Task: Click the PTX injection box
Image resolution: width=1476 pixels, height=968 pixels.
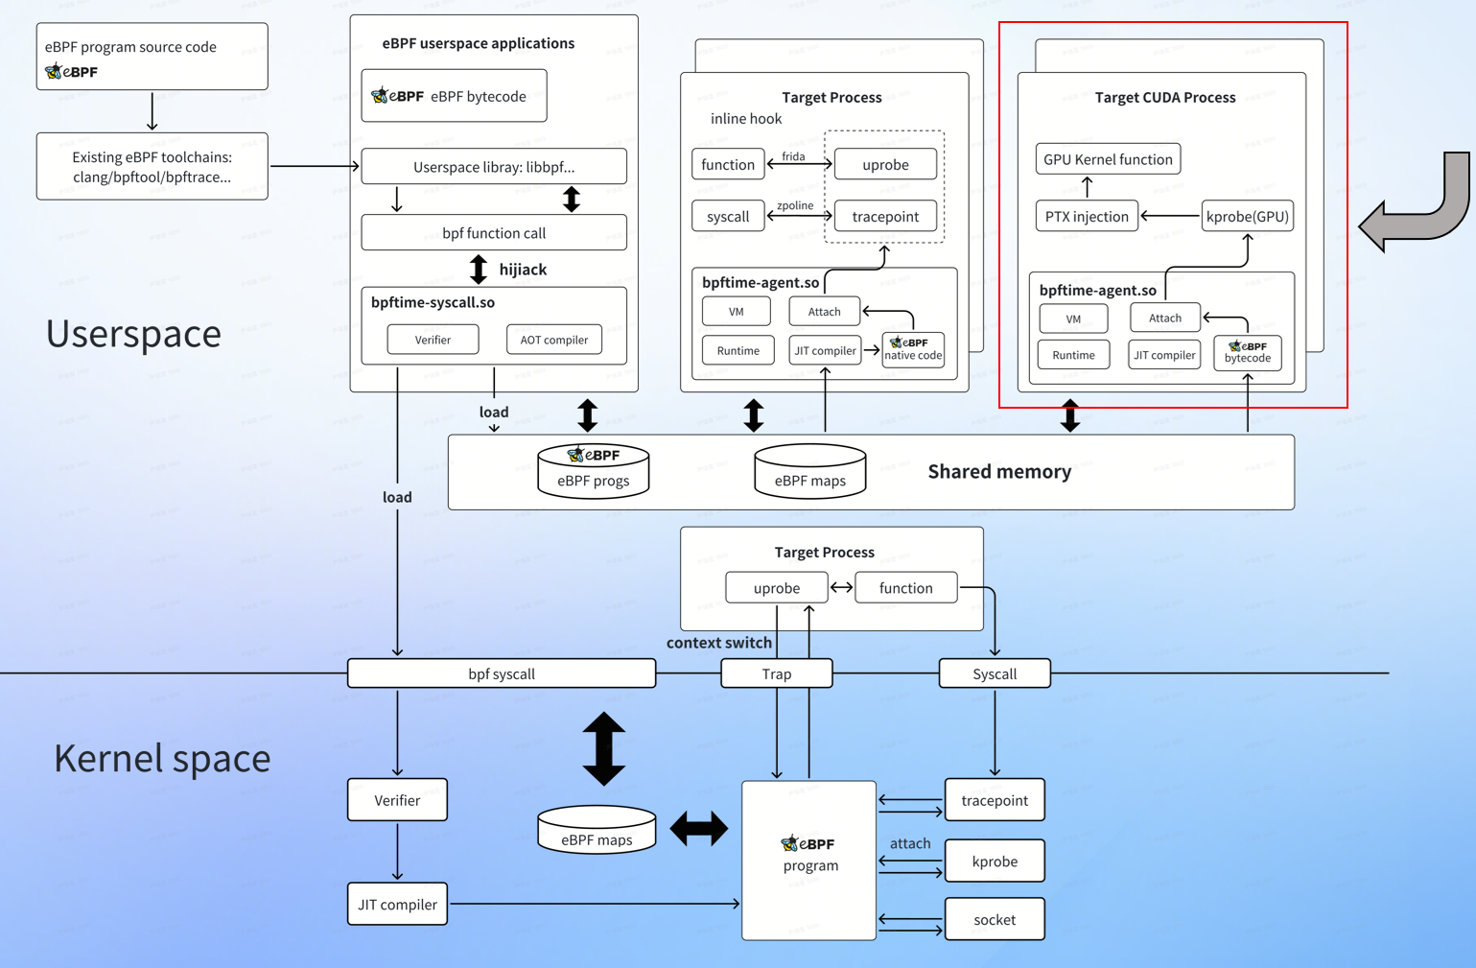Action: pyautogui.click(x=1087, y=216)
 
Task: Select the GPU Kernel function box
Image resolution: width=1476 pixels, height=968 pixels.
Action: pyautogui.click(x=1108, y=159)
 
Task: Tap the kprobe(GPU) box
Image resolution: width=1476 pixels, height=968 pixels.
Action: pyautogui.click(x=1247, y=216)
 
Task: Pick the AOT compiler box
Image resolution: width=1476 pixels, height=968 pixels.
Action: pyautogui.click(x=553, y=340)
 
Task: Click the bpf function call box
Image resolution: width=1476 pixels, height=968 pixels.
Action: pyautogui.click(x=494, y=233)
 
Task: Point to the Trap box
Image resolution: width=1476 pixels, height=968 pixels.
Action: pyautogui.click(x=776, y=673)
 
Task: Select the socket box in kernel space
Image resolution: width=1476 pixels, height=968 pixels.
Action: pyautogui.click(x=995, y=919)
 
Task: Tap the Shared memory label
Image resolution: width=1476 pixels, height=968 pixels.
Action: pyautogui.click(x=999, y=471)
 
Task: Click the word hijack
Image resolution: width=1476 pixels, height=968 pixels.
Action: pyautogui.click(x=523, y=270)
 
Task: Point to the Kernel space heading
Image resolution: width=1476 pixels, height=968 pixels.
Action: pyautogui.click(x=162, y=758)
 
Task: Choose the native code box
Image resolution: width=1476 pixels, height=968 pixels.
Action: pyautogui.click(x=913, y=349)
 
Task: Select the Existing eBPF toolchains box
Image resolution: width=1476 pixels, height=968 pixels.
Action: pyautogui.click(x=152, y=166)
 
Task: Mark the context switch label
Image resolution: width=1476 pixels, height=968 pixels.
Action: pyautogui.click(x=719, y=643)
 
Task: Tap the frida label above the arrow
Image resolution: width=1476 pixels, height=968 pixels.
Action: pyautogui.click(x=793, y=156)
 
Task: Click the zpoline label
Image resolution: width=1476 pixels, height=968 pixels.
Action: pyautogui.click(x=795, y=205)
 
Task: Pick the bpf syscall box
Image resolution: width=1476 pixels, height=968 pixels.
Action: pyautogui.click(x=501, y=673)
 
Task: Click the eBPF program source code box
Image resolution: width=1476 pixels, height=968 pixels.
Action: pyautogui.click(x=152, y=57)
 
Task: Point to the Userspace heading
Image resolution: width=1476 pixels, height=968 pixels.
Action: pyautogui.click(x=133, y=333)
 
